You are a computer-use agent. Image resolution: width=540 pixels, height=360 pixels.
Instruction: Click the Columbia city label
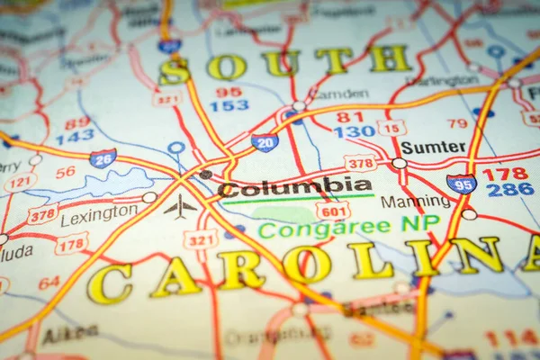(x=295, y=187)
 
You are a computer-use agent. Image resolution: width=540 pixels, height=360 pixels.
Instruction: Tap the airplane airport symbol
(x=180, y=207)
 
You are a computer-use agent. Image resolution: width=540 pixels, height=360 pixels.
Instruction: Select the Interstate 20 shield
(x=265, y=142)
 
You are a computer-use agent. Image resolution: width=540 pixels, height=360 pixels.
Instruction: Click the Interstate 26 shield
(x=103, y=159)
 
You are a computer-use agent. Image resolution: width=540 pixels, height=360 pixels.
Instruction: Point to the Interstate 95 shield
(x=461, y=184)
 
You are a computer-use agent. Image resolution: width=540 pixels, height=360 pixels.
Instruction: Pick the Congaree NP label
(x=349, y=227)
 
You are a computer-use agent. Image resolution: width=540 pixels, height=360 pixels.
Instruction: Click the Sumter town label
(x=433, y=147)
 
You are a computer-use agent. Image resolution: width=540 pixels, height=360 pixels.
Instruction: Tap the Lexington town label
(x=99, y=215)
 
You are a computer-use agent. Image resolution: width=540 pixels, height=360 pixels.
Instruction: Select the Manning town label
(x=415, y=202)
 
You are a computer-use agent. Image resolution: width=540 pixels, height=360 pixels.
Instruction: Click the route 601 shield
(x=333, y=211)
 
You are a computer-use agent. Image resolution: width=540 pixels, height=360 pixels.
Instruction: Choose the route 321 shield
(x=201, y=239)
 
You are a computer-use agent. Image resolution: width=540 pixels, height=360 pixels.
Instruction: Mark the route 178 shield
(x=71, y=243)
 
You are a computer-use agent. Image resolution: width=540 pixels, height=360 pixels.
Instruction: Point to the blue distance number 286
(x=509, y=190)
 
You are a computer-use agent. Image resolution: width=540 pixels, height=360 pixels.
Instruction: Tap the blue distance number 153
(x=229, y=105)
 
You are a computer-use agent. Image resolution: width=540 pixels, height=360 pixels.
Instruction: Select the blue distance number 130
(x=354, y=131)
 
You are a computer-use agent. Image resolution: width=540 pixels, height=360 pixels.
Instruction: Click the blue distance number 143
(x=75, y=137)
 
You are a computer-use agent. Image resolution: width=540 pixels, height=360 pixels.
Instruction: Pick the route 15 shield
(x=391, y=128)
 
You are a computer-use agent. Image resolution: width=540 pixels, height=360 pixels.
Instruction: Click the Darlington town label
(x=442, y=80)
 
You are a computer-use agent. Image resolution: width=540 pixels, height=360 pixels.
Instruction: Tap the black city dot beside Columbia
(x=206, y=175)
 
